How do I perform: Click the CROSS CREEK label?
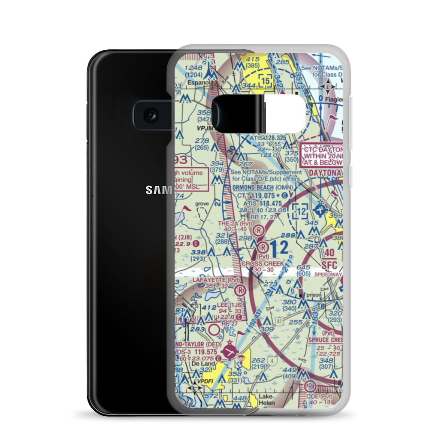point(263,263)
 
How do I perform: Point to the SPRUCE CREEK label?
point(326,340)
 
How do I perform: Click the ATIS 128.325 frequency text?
point(268,138)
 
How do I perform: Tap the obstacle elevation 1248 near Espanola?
point(194,67)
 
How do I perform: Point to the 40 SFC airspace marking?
point(329,258)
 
